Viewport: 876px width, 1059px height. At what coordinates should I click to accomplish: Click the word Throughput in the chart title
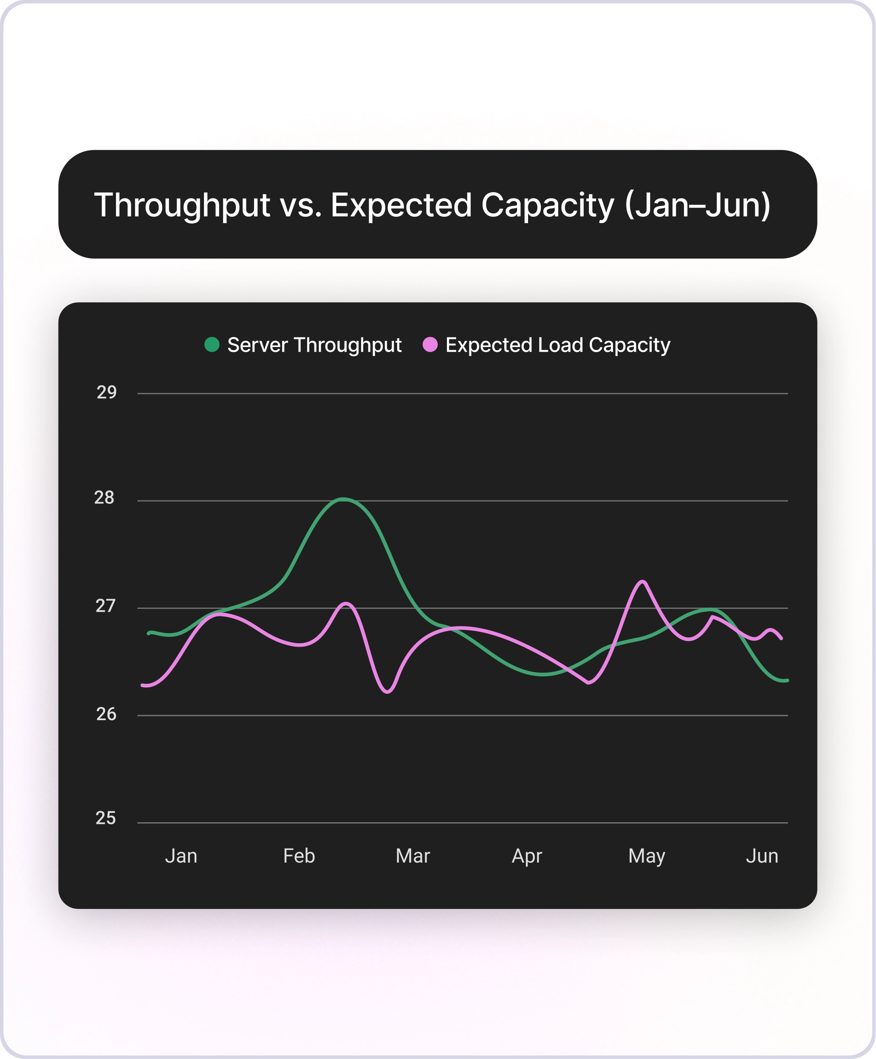182,205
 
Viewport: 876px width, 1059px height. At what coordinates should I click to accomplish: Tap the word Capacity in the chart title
547,205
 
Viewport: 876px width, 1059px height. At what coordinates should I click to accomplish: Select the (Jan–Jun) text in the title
698,205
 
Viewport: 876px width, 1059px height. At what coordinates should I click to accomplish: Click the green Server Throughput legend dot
212,344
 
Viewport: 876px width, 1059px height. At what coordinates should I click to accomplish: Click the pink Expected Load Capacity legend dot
430,344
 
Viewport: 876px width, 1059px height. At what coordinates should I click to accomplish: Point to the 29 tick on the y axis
106,392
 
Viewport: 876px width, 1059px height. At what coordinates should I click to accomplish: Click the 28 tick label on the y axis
105,498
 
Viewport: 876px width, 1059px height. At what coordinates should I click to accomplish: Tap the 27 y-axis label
105,606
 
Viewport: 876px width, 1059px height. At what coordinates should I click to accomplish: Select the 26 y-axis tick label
106,714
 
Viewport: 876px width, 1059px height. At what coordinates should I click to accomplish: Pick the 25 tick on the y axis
105,818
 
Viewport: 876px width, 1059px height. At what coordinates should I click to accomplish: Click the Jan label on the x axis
181,856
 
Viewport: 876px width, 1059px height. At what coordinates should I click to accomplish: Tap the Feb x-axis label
299,856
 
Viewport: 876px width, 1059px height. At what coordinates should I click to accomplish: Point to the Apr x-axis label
527,856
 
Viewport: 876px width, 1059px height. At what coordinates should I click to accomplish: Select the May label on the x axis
647,856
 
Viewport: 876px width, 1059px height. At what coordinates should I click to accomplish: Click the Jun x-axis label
762,856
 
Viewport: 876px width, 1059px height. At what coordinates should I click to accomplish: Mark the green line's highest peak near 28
343,499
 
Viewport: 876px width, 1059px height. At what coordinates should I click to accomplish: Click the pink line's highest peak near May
643,582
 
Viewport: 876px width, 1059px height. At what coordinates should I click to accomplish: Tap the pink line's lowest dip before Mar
387,692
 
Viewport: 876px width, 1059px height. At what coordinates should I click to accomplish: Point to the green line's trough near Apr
543,674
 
